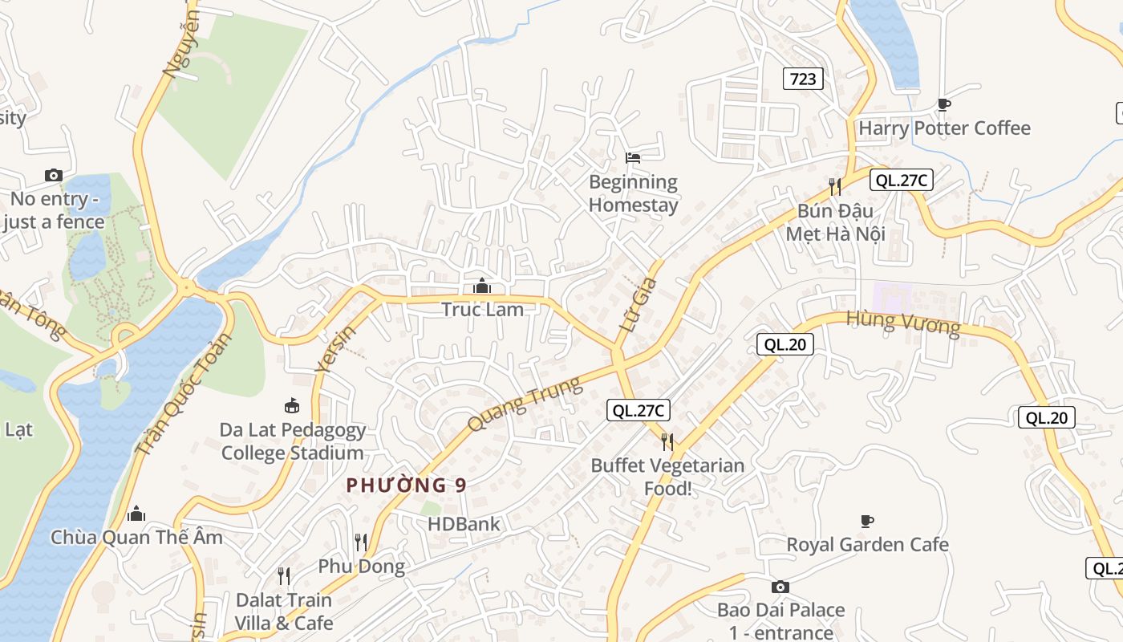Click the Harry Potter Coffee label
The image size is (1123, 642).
(944, 128)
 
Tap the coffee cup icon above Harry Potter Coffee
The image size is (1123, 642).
(944, 104)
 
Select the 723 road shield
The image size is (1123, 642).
(803, 78)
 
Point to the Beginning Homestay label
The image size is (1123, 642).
(633, 193)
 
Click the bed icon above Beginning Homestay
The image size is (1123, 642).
(633, 157)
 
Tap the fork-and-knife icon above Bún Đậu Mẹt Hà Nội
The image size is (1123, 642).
(835, 187)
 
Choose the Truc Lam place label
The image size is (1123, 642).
(482, 309)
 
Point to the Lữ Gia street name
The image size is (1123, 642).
(639, 305)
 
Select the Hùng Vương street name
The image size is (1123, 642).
(903, 323)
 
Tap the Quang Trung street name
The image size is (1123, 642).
(525, 404)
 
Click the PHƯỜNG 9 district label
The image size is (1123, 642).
(406, 485)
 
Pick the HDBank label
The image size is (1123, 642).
(464, 524)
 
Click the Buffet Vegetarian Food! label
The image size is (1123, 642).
(667, 477)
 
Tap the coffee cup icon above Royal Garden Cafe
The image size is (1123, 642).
(867, 521)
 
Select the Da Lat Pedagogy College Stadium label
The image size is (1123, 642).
(293, 441)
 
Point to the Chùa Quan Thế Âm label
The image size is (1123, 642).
(136, 537)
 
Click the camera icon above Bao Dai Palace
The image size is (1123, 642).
(780, 587)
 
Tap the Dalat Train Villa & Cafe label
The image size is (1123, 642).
(284, 611)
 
